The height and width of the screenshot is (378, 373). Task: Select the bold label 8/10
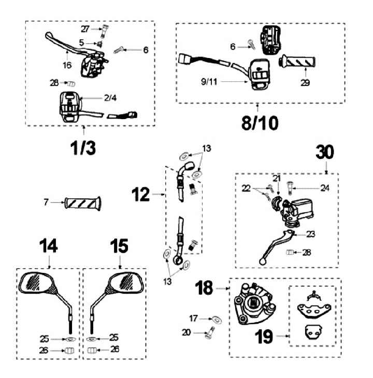260,122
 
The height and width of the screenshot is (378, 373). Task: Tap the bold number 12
140,195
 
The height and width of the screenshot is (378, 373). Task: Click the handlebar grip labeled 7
83,202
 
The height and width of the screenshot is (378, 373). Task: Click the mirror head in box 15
125,282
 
